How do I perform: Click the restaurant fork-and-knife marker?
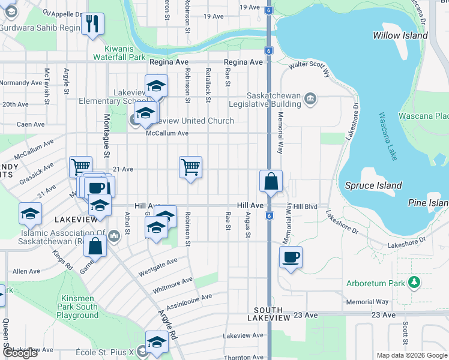[92, 24]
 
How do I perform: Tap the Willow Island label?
[400, 35]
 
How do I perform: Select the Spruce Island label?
[373, 185]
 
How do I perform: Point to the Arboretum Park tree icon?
[413, 282]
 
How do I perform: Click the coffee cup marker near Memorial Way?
[291, 257]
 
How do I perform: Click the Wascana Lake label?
[387, 137]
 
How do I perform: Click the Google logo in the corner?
[20, 353]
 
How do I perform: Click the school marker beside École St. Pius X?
[157, 342]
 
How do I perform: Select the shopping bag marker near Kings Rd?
[95, 245]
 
